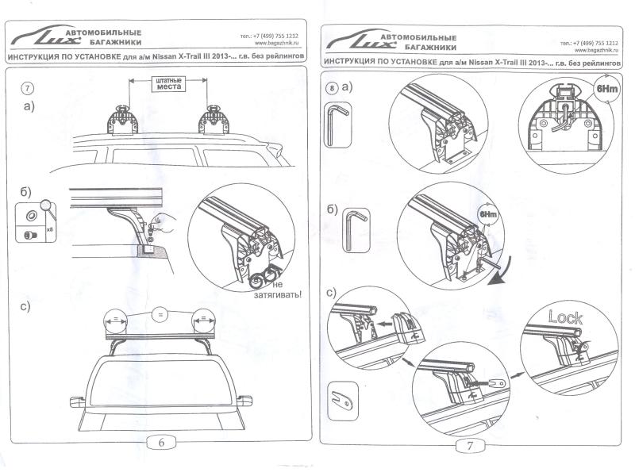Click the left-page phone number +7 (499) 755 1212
tap(269, 37)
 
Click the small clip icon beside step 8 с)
tap(341, 393)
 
